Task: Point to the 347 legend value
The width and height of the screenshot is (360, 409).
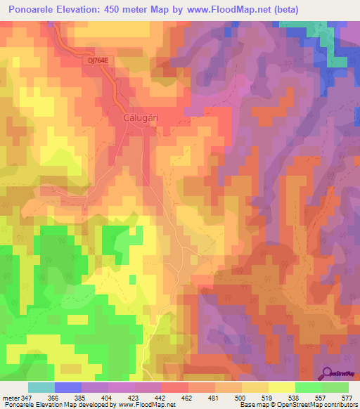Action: pyautogui.click(x=27, y=398)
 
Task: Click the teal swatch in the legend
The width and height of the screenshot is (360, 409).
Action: pyautogui.click(x=41, y=387)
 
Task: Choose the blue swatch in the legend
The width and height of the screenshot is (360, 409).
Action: pyautogui.click(x=68, y=387)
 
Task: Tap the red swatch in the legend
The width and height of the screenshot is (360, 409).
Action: pyautogui.click(x=174, y=387)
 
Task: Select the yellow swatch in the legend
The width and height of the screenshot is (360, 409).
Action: pyautogui.click(x=281, y=387)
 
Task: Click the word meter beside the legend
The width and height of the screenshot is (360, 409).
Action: pyautogui.click(x=10, y=398)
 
